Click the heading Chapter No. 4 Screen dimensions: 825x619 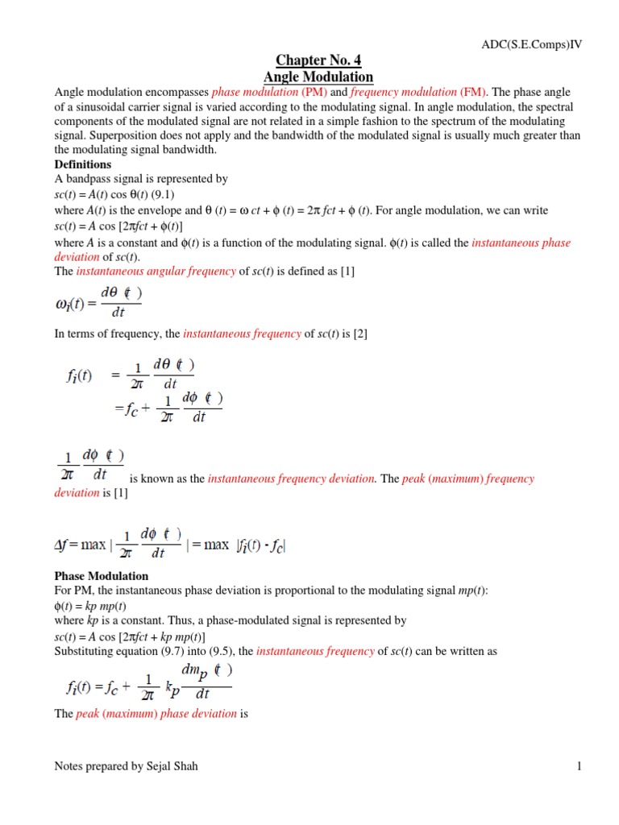click(318, 60)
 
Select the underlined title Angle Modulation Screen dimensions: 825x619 click(318, 77)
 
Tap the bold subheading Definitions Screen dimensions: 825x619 click(83, 164)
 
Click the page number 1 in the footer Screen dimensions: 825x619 click(579, 766)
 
